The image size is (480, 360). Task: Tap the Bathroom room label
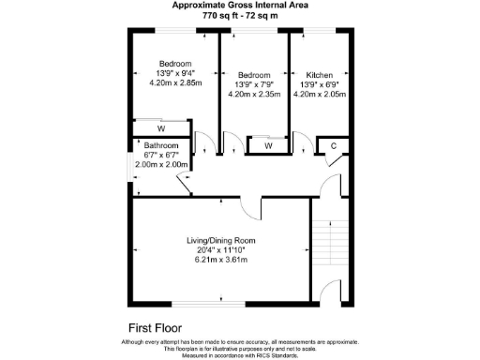click(162, 146)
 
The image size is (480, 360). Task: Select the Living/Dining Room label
click(220, 241)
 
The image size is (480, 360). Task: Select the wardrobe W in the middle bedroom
click(268, 145)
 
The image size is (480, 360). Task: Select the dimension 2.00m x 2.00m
click(162, 165)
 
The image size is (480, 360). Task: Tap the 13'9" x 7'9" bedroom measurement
click(254, 84)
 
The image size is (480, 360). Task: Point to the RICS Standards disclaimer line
click(240, 355)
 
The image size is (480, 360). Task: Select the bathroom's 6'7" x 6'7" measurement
click(162, 156)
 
